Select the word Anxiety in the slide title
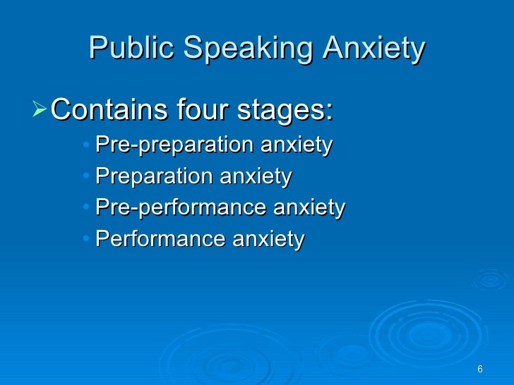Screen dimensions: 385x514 373,49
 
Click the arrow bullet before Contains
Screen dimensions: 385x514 42,109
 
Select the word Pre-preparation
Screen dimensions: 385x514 174,145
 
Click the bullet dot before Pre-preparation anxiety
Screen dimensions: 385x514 85,146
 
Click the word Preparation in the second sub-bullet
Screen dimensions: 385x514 154,177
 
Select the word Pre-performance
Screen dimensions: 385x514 181,208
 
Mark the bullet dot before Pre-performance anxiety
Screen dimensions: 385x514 85,209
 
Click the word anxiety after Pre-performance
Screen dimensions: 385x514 310,208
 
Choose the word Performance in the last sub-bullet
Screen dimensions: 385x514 160,240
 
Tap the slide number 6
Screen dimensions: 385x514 480,370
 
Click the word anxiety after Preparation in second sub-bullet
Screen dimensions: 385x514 256,177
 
